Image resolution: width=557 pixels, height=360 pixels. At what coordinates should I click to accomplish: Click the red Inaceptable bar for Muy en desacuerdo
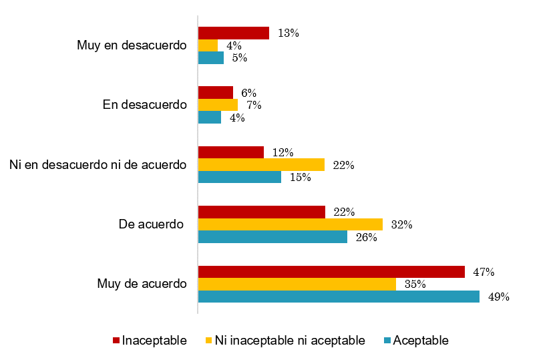coord(233,33)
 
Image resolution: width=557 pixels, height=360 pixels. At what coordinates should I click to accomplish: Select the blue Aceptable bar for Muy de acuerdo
coord(339,297)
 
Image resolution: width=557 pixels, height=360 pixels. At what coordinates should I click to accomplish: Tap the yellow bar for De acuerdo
coord(290,224)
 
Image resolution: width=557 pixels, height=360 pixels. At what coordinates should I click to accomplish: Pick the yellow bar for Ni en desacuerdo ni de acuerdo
coord(261,165)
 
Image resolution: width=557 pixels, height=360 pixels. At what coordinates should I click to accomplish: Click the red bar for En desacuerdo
coord(215,93)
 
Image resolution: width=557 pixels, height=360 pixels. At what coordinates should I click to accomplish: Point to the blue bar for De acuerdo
coord(272,237)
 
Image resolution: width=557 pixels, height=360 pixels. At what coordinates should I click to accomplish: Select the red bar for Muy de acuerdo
coord(331,272)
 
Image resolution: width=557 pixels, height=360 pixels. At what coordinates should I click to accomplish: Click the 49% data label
coord(498,297)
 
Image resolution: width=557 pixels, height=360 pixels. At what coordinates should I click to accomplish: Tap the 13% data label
coord(288,33)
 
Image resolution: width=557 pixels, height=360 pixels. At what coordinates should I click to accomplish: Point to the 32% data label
coord(401,225)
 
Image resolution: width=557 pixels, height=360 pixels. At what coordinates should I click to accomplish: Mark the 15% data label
coord(300,178)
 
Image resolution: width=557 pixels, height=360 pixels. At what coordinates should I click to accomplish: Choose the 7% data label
coord(254,106)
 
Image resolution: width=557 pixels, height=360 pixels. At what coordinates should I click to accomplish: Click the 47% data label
coord(484,273)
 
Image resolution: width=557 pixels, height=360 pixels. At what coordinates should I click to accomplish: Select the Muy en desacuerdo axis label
coord(132,45)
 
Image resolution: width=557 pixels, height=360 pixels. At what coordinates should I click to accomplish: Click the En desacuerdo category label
coord(144,105)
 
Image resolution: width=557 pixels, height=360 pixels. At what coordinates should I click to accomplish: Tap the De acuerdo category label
coord(152,224)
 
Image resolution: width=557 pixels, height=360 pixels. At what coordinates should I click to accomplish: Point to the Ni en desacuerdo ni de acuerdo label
coord(98,164)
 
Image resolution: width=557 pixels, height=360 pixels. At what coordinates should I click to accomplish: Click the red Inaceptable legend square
coord(116,341)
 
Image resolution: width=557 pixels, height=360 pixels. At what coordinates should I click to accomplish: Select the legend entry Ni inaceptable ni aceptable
coord(289,341)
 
